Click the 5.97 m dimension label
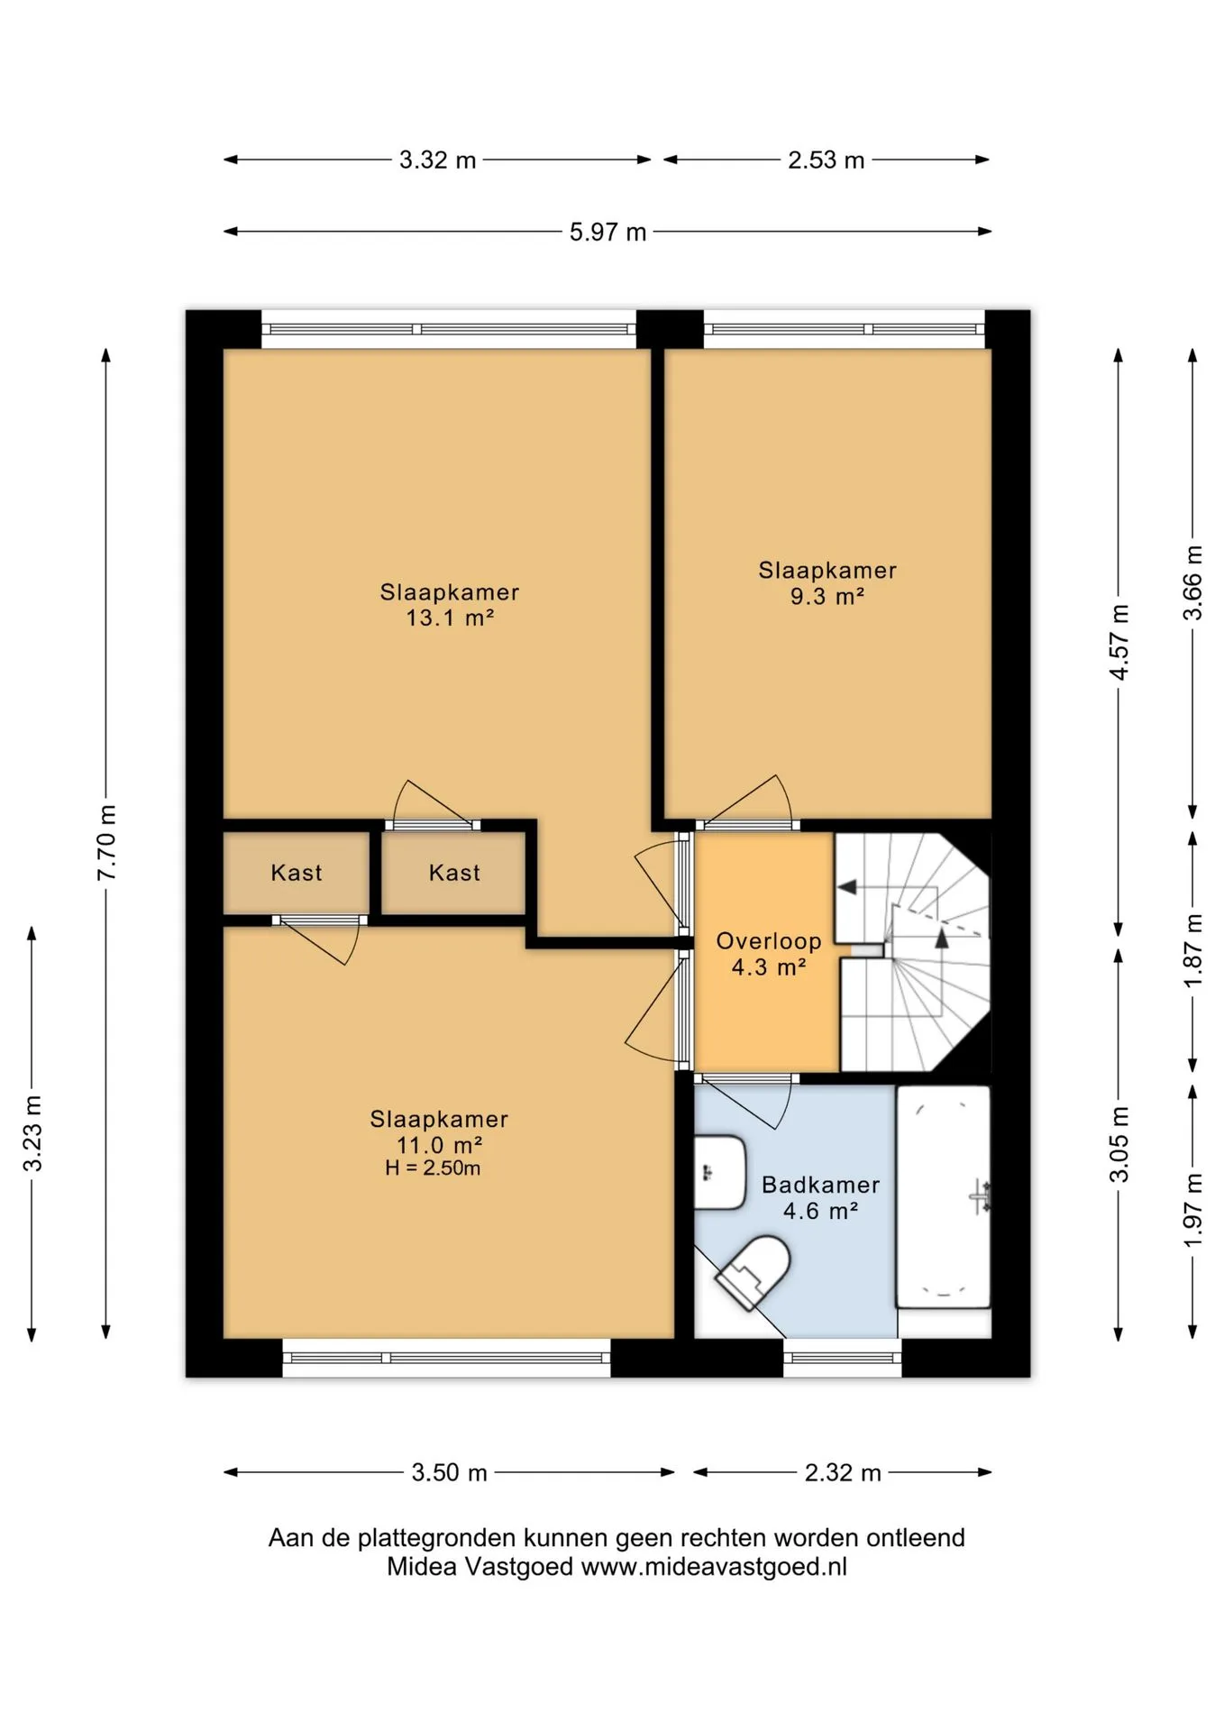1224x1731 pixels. click(x=607, y=232)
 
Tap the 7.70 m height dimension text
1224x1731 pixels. click(x=106, y=842)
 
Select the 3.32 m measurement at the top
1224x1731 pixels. click(x=437, y=160)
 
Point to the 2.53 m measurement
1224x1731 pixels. click(x=826, y=160)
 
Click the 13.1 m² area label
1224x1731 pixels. click(x=450, y=618)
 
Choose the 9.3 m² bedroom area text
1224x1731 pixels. click(x=827, y=596)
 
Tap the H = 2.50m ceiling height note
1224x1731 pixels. click(x=433, y=1168)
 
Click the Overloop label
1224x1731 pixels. click(x=769, y=941)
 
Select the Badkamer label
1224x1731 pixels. click(x=820, y=1185)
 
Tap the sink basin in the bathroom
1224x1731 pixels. click(x=719, y=1172)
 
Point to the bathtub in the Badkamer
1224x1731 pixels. click(x=943, y=1196)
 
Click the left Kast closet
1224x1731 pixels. click(x=297, y=873)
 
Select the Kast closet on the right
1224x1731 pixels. click(x=453, y=873)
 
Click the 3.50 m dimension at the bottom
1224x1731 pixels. click(x=449, y=1472)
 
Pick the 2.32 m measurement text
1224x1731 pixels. click(x=843, y=1472)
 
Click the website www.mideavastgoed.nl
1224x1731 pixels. click(x=714, y=1567)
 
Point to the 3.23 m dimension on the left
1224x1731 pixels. click(x=32, y=1133)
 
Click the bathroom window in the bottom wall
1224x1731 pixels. click(x=842, y=1358)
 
